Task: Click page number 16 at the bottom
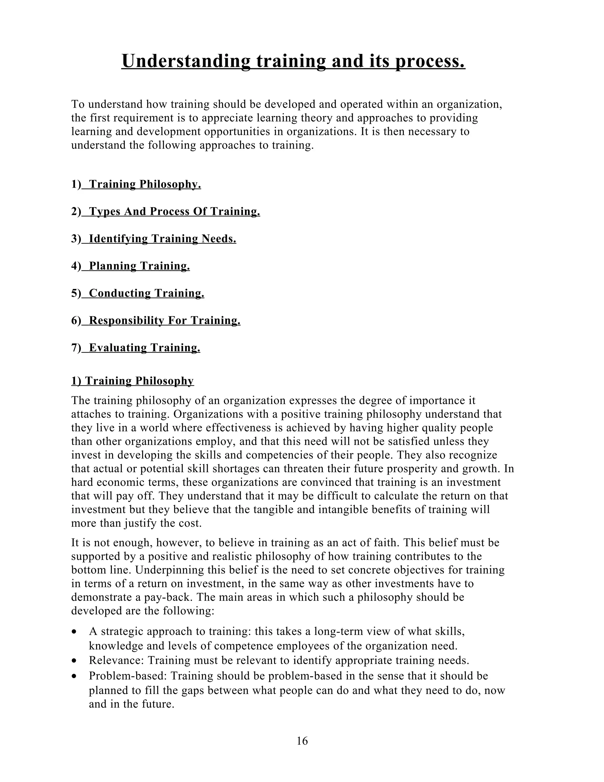[x=302, y=741]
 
